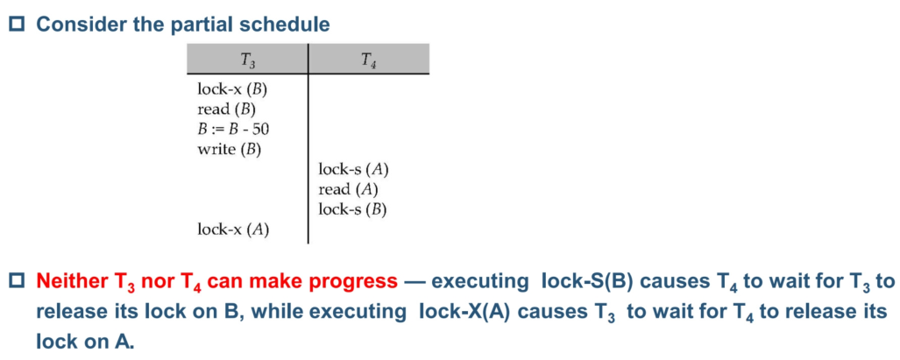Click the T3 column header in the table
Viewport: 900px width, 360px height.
(247, 59)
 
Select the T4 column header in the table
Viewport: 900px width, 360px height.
(369, 59)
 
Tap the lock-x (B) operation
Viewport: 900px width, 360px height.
(232, 90)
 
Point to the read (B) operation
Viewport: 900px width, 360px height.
(226, 109)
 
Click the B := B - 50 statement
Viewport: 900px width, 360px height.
(233, 130)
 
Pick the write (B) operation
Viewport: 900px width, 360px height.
(229, 150)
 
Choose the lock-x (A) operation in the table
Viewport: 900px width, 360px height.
(233, 229)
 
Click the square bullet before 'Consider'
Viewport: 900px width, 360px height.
(20, 25)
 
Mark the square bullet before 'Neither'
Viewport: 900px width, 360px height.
(20, 281)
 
